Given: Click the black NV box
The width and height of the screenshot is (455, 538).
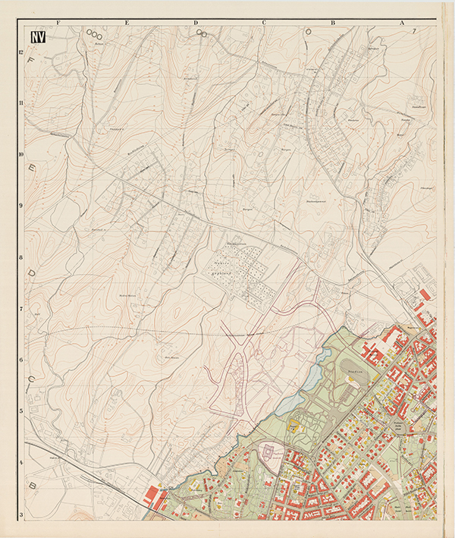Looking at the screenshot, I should point(36,35).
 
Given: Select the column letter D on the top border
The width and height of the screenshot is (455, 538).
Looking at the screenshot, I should point(196,23).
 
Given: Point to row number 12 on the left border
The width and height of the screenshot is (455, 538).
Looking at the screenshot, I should point(21,51).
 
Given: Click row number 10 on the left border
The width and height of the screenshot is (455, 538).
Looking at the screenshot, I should point(21,153).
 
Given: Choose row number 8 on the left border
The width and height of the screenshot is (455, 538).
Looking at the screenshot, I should point(21,257).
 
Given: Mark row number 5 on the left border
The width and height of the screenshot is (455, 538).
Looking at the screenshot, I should point(21,411).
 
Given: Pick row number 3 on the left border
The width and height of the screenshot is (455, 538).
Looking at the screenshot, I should point(21,515).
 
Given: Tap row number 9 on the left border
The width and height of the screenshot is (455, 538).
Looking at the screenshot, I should point(21,205).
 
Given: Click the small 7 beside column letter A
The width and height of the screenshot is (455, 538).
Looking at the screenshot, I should point(415,31).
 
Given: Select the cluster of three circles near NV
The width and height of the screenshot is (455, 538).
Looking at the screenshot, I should point(94,33).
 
